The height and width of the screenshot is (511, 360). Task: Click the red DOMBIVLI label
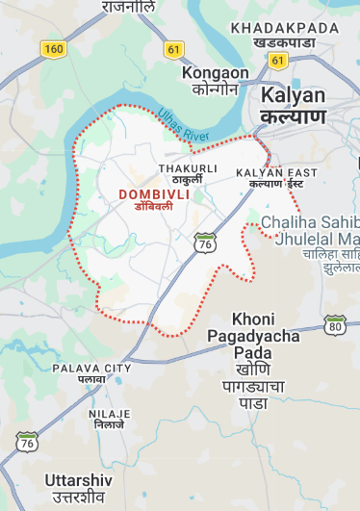point(154,194)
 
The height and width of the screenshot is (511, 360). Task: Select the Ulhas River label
point(183,127)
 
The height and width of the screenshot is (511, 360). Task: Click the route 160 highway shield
point(52,47)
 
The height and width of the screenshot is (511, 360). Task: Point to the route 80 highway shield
point(335,323)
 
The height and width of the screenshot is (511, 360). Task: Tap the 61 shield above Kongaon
point(173,47)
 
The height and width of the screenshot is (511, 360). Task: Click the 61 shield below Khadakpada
point(278,60)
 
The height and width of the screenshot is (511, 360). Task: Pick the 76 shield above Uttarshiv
point(27,442)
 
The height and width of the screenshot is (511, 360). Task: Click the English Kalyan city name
point(293,96)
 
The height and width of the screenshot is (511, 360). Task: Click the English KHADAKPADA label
point(285,27)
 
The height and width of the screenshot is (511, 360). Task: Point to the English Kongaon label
point(215,73)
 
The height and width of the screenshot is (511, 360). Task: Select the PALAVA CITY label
point(91,369)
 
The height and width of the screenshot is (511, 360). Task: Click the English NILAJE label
point(109,413)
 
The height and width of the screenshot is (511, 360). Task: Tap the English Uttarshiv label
point(79,479)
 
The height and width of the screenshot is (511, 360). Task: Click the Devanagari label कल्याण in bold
point(293,117)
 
